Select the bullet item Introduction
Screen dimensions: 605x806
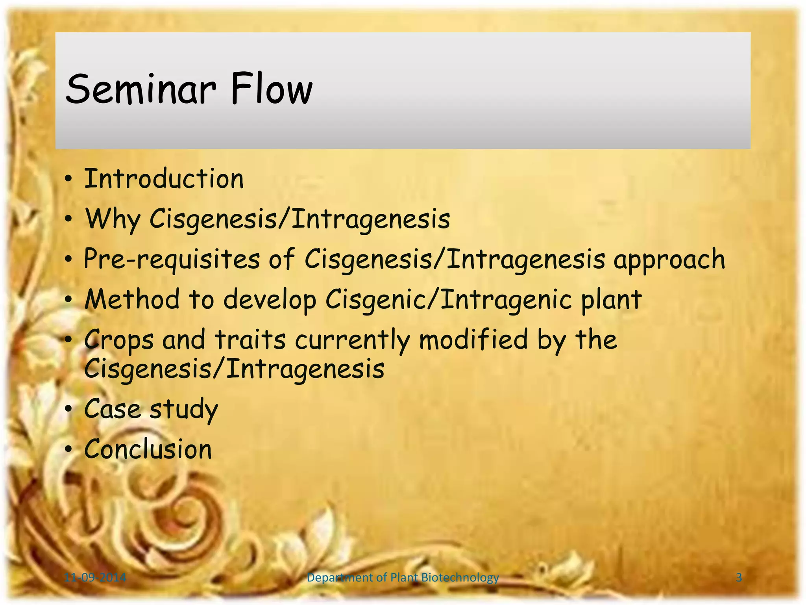pyautogui.click(x=164, y=179)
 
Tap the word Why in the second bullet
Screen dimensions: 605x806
pyautogui.click(x=112, y=219)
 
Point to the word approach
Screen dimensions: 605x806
pyautogui.click(x=669, y=260)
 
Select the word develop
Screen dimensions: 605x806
pyautogui.click(x=270, y=300)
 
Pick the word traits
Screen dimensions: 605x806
pyautogui.click(x=250, y=340)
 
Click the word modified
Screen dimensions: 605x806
pyautogui.click(x=473, y=340)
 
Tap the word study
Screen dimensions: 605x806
pyautogui.click(x=184, y=410)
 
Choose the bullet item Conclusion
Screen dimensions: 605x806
pyautogui.click(x=148, y=449)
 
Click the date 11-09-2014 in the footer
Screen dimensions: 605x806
pyautogui.click(x=95, y=578)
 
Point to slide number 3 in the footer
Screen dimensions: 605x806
pyautogui.click(x=739, y=578)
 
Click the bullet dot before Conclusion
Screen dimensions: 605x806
pyautogui.click(x=68, y=449)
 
